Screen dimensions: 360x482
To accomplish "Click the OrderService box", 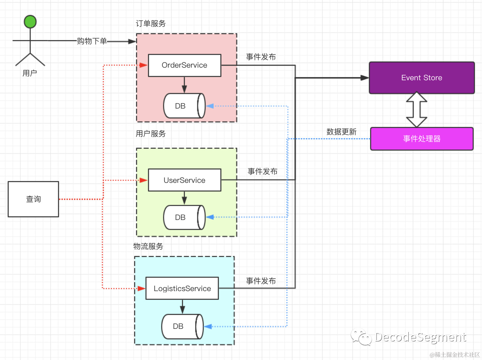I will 184,65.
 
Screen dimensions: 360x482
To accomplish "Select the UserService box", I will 184,180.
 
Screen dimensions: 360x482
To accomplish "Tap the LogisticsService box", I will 182,288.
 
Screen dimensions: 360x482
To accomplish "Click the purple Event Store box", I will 422,78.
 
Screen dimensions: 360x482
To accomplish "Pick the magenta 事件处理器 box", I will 422,139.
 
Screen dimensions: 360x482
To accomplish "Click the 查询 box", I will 33,199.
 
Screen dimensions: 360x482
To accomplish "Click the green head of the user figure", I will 30,22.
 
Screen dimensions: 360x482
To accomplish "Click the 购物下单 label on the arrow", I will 92,41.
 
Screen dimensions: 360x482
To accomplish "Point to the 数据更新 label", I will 341,132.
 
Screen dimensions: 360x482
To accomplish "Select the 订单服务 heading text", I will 151,24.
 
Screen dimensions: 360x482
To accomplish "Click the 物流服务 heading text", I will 148,246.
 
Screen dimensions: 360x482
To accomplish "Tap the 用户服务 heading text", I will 151,134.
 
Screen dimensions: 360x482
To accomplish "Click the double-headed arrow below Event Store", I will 417,110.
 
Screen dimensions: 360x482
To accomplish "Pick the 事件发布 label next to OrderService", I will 261,57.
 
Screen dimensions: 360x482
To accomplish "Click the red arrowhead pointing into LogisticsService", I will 141,288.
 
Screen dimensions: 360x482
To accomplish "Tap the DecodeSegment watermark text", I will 420,337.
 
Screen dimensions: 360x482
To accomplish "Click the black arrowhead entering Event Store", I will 365,78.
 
